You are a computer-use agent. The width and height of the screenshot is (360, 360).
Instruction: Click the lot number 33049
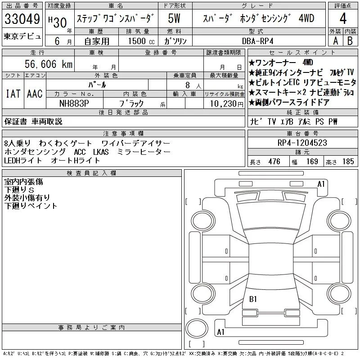22,19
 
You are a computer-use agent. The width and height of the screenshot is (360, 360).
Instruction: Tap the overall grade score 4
343,18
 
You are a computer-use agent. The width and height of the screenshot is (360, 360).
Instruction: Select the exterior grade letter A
335,41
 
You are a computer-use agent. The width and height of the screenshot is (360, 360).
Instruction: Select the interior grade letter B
350,41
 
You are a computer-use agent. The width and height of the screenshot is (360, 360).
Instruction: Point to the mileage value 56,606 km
49,64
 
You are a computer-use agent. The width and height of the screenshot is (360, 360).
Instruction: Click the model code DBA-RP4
257,41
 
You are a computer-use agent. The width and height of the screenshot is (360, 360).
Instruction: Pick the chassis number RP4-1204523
302,143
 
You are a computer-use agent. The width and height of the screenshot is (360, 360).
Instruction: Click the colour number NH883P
74,103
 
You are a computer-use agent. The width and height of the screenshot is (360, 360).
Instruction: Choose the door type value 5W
174,18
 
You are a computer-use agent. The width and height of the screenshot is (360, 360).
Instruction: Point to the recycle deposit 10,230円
226,104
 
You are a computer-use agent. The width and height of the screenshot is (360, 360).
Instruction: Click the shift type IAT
13,94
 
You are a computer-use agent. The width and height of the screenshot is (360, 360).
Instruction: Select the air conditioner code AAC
35,94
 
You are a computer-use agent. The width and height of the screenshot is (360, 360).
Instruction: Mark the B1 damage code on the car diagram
253,299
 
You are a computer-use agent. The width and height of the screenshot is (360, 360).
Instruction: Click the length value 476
274,162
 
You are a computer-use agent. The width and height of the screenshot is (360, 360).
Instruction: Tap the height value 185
348,162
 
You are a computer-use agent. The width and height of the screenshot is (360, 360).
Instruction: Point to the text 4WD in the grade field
306,18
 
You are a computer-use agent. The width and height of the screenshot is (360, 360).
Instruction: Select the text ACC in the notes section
80,152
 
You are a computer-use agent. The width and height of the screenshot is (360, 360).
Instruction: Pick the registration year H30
58,22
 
